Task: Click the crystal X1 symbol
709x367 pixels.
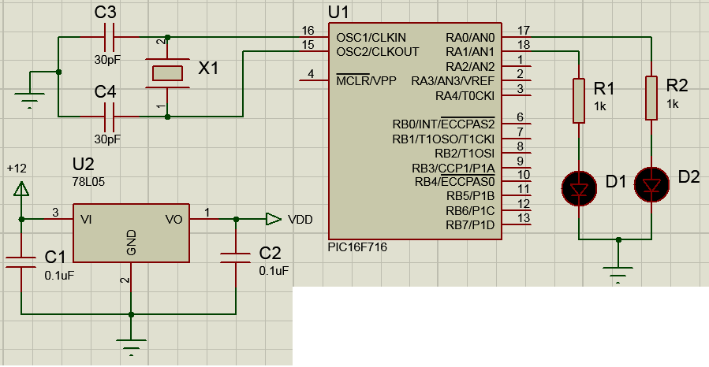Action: tap(167, 73)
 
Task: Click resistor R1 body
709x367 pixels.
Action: tap(579, 100)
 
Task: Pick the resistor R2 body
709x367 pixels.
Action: tap(651, 98)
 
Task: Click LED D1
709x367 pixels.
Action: tap(579, 188)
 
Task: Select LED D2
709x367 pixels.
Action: tap(651, 185)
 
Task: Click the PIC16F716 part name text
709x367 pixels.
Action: tap(357, 247)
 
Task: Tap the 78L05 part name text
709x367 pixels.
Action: tap(86, 181)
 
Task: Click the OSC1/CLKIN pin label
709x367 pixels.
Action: tap(371, 37)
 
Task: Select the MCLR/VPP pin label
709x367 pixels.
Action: tap(366, 80)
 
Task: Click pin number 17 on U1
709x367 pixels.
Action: tap(523, 31)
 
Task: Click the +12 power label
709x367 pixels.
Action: tap(17, 169)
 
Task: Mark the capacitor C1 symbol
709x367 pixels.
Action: tap(21, 261)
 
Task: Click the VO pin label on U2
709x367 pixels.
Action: tap(174, 219)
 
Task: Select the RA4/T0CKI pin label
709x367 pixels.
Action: tap(465, 95)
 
